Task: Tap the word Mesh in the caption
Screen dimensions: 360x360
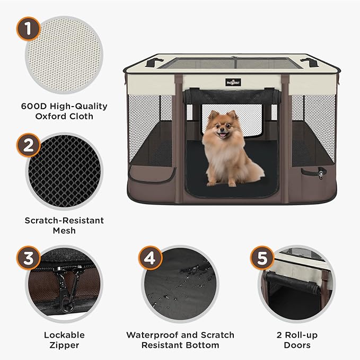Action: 64,231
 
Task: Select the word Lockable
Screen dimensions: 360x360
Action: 64,335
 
